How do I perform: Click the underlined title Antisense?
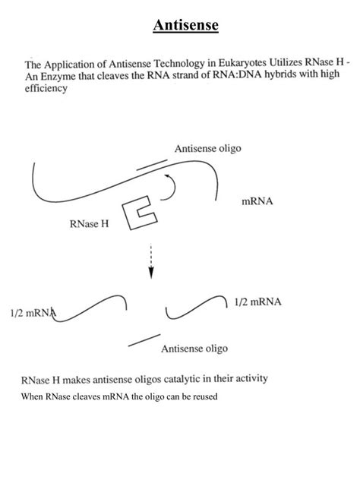pos(185,26)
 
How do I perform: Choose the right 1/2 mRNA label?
pos(257,302)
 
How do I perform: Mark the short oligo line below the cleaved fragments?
pos(144,341)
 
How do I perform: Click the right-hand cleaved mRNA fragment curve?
pos(196,309)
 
